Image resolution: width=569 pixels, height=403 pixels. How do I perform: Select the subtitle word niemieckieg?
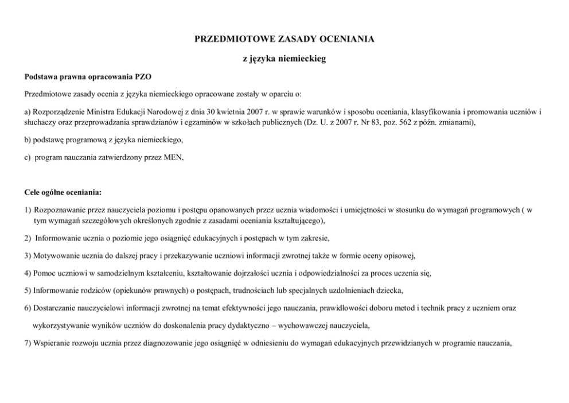pos(302,59)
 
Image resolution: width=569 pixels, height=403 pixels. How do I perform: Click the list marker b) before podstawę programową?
pos(28,139)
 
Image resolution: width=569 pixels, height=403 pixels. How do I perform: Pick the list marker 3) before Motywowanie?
pos(28,255)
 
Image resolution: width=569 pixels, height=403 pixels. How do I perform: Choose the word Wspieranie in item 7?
pos(52,343)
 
